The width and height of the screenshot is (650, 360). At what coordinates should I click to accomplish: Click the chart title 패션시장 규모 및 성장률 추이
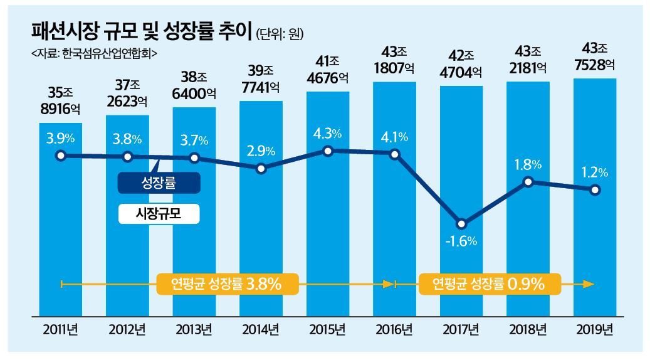[141, 31]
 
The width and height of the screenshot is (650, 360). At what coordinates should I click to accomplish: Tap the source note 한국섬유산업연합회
[93, 54]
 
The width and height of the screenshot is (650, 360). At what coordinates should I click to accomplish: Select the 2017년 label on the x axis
[461, 329]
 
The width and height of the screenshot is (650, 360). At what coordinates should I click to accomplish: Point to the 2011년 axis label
[60, 329]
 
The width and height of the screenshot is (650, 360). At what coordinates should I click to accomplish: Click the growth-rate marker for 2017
[461, 224]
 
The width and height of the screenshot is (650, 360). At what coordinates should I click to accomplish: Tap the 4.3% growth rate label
[328, 134]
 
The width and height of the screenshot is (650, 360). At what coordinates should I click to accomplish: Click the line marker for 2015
[328, 151]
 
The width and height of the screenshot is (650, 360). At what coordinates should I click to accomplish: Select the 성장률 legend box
[159, 184]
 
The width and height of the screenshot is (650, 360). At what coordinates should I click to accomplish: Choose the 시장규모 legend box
[159, 214]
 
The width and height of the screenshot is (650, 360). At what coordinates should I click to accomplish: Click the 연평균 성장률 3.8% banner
[226, 284]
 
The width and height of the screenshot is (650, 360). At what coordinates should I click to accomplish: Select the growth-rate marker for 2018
[528, 182]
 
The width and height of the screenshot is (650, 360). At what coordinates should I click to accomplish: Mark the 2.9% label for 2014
[261, 151]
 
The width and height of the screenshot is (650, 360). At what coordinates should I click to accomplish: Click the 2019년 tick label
[594, 329]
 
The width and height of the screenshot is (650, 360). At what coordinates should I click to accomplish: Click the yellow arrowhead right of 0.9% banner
[587, 284]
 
